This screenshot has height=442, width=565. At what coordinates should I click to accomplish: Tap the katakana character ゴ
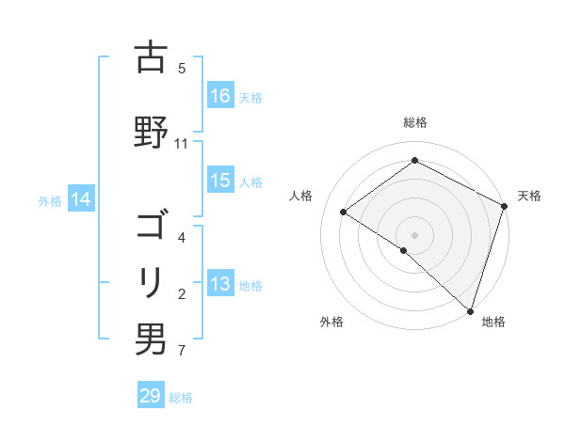[151, 227]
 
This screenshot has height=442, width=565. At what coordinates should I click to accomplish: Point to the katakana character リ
[151, 281]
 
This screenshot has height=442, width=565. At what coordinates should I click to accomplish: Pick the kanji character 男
[151, 339]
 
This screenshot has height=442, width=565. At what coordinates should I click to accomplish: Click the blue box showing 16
[220, 96]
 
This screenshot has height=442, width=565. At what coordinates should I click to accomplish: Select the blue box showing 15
[220, 182]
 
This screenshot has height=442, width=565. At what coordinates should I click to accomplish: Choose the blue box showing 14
[81, 199]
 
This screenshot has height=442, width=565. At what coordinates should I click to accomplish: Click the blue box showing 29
[151, 397]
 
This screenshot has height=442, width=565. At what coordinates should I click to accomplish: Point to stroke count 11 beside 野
[181, 144]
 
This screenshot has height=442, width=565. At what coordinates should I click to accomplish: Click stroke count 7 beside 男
[181, 352]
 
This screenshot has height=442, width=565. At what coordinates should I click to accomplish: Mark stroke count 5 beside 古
[181, 68]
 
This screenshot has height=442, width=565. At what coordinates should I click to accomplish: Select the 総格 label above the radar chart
[414, 122]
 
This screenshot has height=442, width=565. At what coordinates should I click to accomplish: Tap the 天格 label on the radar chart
[529, 196]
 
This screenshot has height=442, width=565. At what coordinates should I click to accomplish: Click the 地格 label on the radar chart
[493, 322]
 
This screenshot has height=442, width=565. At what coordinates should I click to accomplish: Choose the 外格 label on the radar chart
[331, 322]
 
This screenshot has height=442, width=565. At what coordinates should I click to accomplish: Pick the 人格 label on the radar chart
[301, 196]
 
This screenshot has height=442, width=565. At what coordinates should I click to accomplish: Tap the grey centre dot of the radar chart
[414, 234]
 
